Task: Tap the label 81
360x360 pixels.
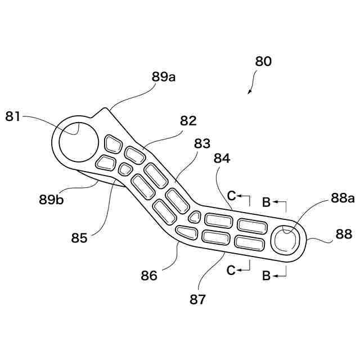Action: click(x=13, y=117)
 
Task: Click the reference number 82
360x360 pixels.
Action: click(x=188, y=120)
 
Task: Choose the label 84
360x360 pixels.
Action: click(x=221, y=160)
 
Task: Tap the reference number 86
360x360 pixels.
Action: click(x=149, y=276)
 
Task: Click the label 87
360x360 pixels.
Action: click(x=197, y=299)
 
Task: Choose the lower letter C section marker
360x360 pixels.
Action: click(x=231, y=270)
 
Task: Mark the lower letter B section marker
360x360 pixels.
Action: click(x=267, y=276)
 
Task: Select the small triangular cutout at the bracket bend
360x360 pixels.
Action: click(x=195, y=217)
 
